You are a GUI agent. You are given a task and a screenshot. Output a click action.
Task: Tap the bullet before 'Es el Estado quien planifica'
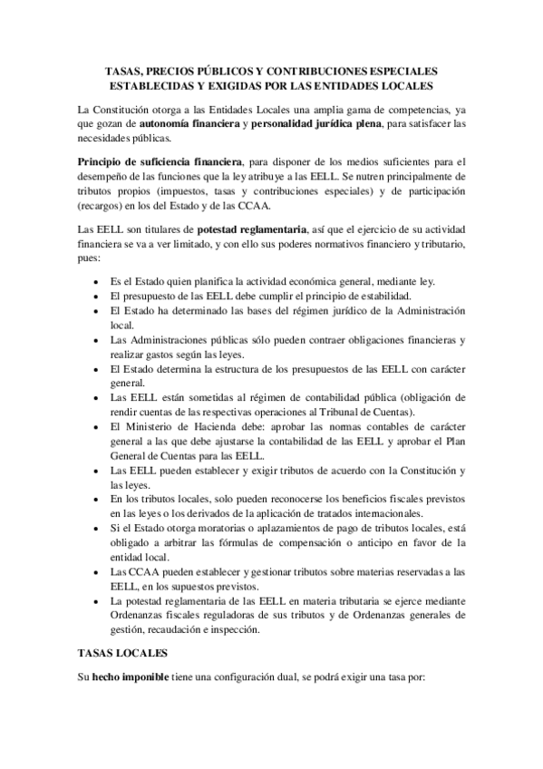tap(97, 282)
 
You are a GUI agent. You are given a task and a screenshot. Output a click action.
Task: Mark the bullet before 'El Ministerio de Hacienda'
tap(97, 424)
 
